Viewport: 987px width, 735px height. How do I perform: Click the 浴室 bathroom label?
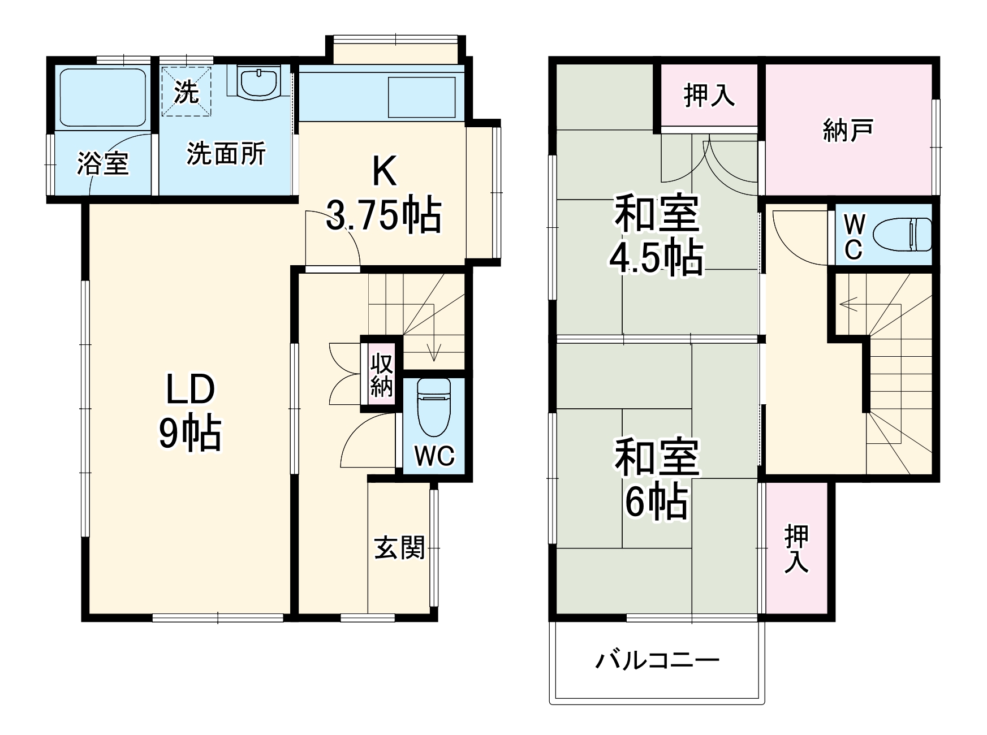click(x=103, y=163)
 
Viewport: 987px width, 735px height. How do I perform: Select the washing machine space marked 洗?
click(x=186, y=92)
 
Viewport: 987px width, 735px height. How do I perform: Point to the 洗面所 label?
click(x=226, y=153)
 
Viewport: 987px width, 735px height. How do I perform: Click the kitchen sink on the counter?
click(x=421, y=98)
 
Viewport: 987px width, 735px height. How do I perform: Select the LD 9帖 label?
click(x=189, y=413)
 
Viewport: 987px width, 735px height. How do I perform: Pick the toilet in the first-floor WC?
click(x=433, y=406)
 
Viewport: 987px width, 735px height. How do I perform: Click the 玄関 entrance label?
click(x=399, y=547)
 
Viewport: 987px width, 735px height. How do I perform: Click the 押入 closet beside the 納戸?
click(x=709, y=96)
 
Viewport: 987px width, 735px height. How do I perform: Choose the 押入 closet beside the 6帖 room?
click(x=796, y=548)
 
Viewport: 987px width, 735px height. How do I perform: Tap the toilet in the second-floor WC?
click(x=902, y=235)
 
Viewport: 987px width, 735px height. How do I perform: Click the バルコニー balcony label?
click(x=657, y=660)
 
